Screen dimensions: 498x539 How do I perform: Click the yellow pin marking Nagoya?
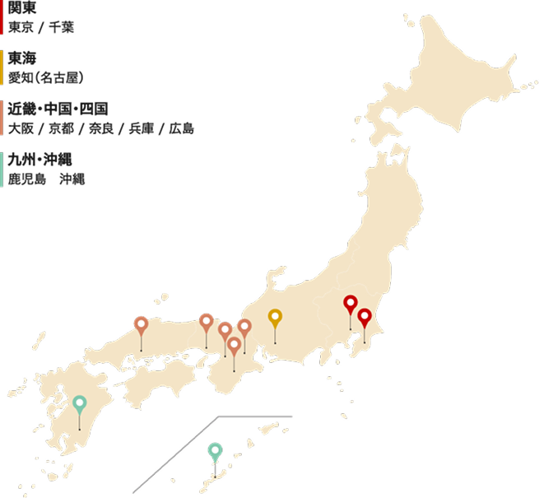(275, 317)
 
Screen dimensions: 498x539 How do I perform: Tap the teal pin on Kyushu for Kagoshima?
(79, 403)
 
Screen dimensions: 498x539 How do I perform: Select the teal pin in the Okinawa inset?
(215, 450)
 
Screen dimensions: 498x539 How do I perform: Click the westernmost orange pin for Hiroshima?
(141, 323)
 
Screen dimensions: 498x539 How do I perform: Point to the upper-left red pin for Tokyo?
(351, 303)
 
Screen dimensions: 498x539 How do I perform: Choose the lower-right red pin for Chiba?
(365, 316)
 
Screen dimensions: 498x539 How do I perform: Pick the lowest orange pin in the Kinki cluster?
(235, 344)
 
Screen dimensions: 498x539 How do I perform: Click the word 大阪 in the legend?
(21, 128)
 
